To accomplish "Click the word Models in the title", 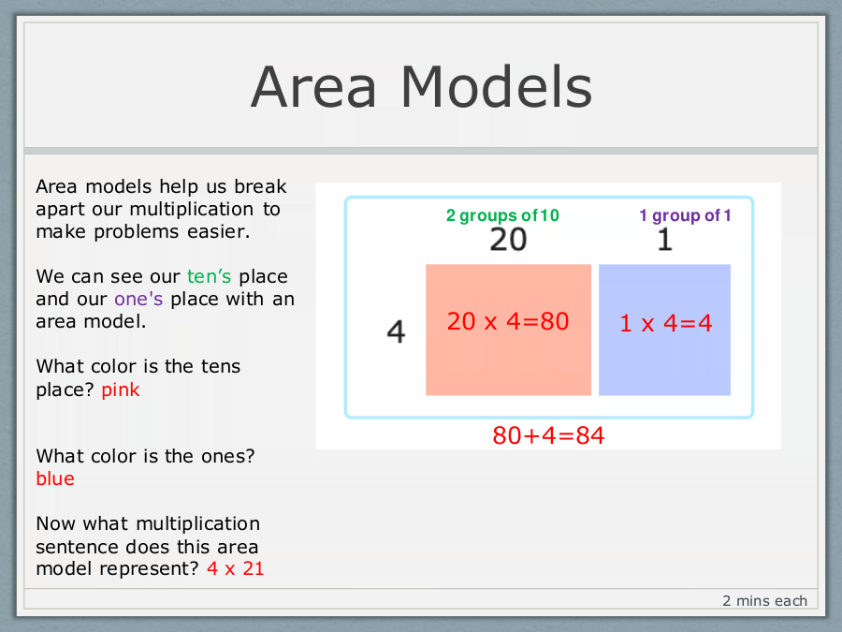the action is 496,86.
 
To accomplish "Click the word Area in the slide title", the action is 313,87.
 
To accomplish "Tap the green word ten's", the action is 209,276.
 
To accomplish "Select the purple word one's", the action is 138,299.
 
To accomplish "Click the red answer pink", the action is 121,390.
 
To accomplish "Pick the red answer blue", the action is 55,478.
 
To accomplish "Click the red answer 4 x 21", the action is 236,568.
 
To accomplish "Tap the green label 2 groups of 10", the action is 502,215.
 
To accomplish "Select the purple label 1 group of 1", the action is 685,215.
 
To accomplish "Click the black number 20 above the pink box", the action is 508,240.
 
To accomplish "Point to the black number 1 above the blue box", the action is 665,240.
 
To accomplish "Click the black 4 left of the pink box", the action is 397,331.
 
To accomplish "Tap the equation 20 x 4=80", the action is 508,321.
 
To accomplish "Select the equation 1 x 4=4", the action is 666,323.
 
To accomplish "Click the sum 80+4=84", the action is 548,435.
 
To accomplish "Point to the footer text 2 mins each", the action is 764,601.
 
